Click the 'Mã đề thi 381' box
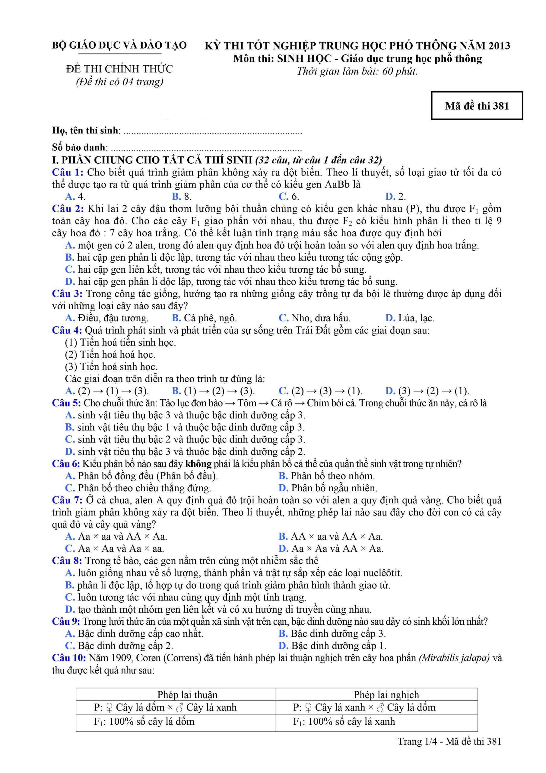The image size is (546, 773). click(477, 106)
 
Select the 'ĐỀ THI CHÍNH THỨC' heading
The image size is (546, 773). click(119, 69)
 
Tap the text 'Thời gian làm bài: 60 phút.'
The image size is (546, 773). click(357, 72)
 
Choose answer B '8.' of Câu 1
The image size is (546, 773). click(182, 197)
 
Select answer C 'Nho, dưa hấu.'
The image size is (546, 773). click(315, 318)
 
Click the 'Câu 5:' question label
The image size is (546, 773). click(66, 403)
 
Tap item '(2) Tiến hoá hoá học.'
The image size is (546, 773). click(110, 354)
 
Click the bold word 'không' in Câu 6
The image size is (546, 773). click(198, 464)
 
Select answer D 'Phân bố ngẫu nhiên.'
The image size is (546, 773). click(328, 488)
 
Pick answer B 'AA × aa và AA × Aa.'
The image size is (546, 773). click(331, 537)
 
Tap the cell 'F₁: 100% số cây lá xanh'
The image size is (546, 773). click(344, 721)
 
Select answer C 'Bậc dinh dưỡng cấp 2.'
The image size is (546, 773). click(119, 646)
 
